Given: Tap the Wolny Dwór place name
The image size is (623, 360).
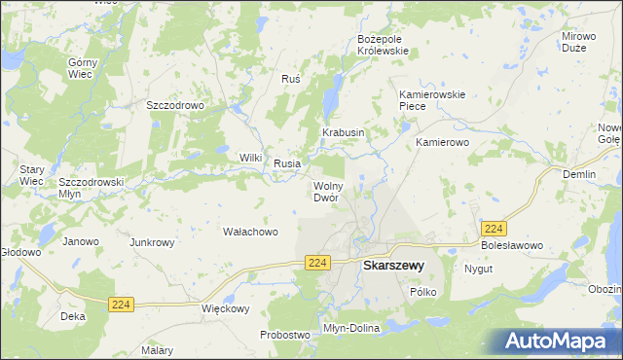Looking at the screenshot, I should (325, 192).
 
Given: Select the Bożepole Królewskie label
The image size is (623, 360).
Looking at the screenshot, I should (386, 45).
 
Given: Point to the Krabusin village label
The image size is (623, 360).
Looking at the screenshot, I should (344, 132).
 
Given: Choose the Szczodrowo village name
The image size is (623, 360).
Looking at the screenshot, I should (174, 105).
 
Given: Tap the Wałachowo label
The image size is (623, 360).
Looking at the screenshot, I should (251, 232).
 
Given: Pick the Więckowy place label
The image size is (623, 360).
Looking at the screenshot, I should (226, 308).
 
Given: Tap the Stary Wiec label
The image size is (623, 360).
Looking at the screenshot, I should (32, 175).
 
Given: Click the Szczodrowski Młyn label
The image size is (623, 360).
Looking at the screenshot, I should (91, 188).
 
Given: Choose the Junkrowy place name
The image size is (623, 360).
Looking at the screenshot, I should (152, 242).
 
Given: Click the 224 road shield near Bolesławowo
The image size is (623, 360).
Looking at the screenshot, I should (494, 228).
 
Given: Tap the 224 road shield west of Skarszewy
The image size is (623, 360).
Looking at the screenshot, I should (315, 263).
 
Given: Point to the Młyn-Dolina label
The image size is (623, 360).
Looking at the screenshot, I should (350, 329).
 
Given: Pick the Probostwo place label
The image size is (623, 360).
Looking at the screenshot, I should (284, 335).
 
